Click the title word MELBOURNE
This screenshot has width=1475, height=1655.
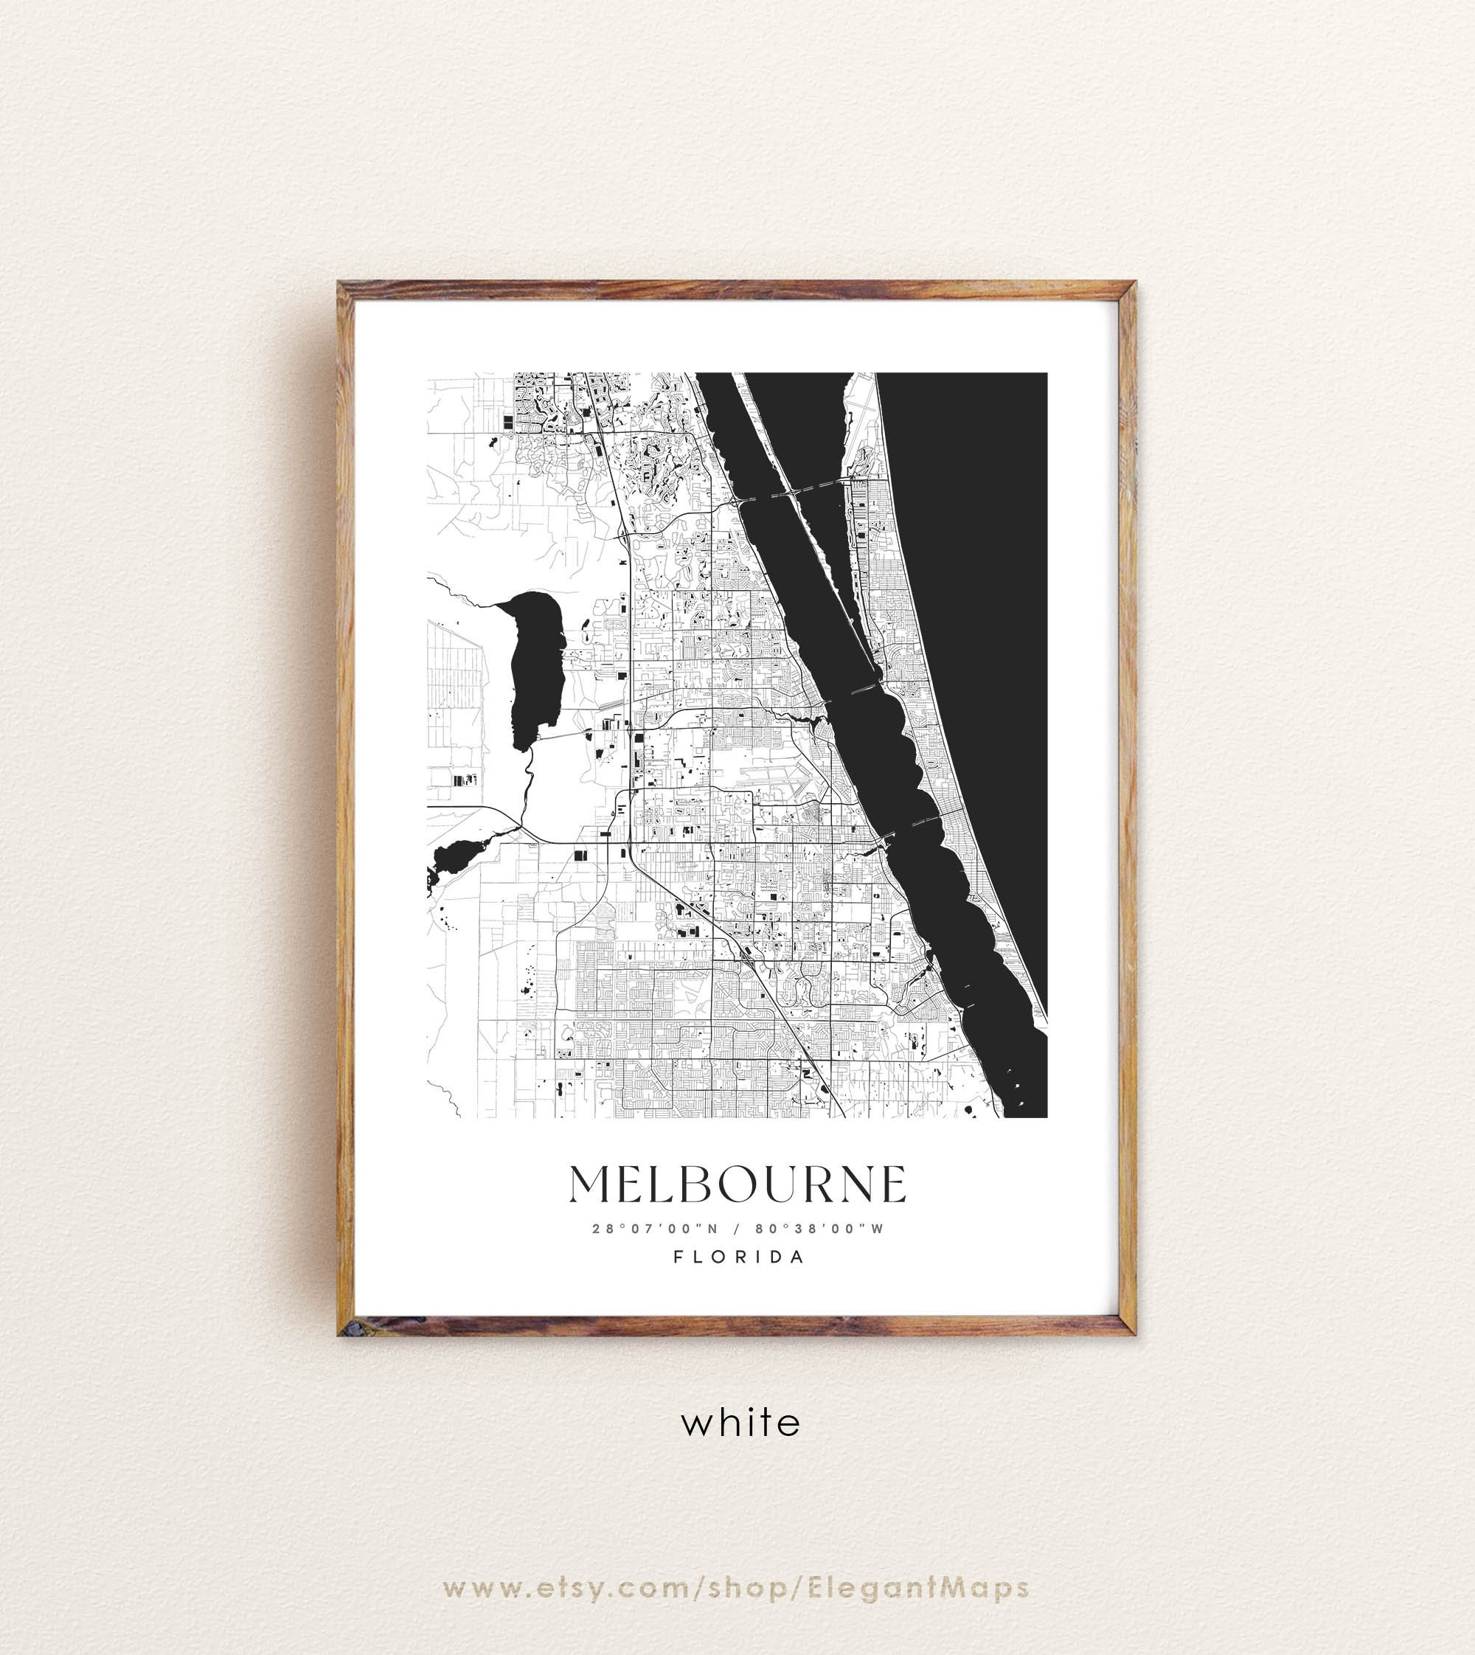737,1185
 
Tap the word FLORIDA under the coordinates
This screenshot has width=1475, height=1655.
740,1257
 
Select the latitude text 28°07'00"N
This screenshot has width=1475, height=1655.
655,1229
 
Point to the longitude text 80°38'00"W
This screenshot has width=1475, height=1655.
819,1229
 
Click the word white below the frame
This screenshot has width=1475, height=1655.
740,1422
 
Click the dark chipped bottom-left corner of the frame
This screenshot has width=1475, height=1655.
347,1326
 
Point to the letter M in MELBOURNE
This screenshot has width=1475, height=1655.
591,1185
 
